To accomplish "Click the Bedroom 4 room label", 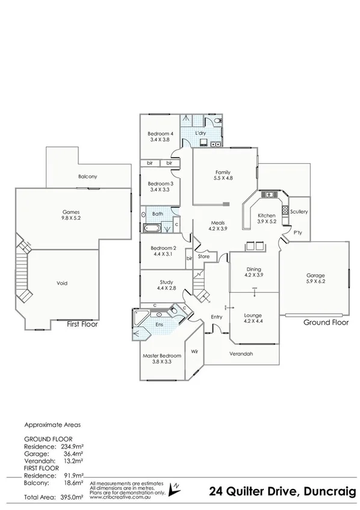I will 160,134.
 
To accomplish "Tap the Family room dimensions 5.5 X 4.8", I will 223,178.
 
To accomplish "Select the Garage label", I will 315,276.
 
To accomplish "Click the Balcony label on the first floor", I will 87,176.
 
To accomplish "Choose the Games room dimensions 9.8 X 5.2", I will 72,219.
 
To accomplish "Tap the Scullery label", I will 299,212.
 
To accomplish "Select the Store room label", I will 203,257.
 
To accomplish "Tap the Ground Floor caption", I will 325,322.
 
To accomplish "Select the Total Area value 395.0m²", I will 71,497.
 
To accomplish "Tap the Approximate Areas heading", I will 52,424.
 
